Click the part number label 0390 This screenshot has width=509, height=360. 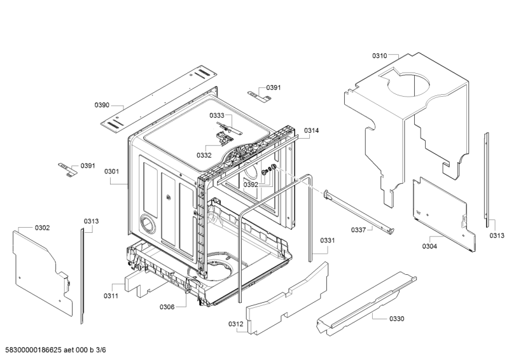102,105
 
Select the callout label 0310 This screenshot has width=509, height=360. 380,56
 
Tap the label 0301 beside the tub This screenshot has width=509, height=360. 112,171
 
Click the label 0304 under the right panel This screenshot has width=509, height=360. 429,246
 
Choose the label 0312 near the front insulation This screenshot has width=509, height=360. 235,324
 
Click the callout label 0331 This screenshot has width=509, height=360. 327,240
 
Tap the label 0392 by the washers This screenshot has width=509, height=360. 251,184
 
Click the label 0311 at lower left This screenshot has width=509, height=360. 111,296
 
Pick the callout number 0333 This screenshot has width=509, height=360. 217,116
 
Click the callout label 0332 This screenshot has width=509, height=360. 204,155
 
